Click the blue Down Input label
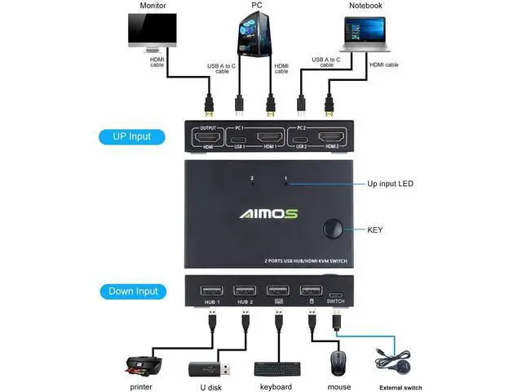click(132, 291)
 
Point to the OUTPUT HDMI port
click(206, 136)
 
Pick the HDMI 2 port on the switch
click(330, 136)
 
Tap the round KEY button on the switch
click(333, 229)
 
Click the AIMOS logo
click(268, 214)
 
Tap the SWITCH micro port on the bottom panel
click(336, 292)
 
